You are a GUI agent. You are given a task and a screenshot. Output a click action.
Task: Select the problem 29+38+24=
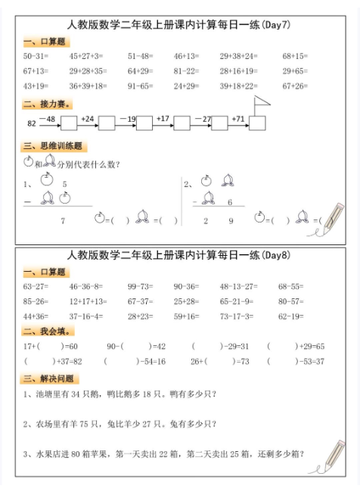coord(238,56)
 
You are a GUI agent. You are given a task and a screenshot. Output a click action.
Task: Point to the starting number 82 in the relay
coord(31,123)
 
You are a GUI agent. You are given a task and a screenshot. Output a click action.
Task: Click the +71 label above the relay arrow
coord(238,119)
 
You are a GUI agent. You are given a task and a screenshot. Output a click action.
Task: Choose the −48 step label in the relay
coord(50,119)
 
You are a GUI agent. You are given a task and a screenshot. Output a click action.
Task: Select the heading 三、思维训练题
coord(52,146)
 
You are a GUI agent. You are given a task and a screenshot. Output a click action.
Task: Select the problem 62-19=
coord(293,316)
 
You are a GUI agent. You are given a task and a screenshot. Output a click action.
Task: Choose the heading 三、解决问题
coord(50,378)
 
